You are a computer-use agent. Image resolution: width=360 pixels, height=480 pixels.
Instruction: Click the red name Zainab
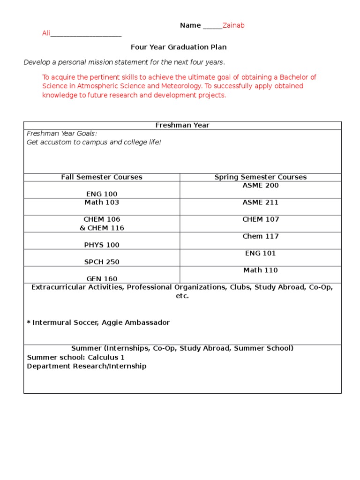(233, 25)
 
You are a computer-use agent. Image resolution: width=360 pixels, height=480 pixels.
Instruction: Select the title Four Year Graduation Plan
(178, 47)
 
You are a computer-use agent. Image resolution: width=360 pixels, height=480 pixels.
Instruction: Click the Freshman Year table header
(182, 125)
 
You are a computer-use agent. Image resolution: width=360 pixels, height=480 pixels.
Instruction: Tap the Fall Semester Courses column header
(102, 177)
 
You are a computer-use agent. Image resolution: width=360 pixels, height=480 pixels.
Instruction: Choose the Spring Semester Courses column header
(260, 177)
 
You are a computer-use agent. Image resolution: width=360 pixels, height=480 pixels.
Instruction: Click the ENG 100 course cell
(102, 194)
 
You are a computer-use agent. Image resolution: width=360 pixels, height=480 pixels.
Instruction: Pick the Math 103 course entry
(102, 202)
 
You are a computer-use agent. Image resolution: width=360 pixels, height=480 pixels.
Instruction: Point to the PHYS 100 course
(102, 245)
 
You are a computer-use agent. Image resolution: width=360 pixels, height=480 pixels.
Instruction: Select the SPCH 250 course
(102, 262)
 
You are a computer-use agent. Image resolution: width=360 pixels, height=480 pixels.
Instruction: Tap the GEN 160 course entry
(102, 279)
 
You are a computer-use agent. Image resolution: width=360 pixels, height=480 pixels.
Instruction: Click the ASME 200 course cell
(260, 186)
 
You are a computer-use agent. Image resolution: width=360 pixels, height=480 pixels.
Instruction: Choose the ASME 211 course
(260, 202)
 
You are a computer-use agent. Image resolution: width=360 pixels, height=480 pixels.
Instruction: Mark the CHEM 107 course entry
(260, 219)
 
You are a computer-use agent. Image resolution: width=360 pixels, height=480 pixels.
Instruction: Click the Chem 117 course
(260, 236)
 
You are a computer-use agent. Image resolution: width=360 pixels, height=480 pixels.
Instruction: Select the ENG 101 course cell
(260, 253)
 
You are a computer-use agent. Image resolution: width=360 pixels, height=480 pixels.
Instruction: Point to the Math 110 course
(260, 270)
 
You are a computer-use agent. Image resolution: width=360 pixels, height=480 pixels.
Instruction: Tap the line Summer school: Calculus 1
(75, 357)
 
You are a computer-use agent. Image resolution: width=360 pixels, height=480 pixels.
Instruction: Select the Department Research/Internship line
(86, 366)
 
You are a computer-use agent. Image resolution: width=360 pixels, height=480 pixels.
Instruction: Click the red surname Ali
(46, 34)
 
